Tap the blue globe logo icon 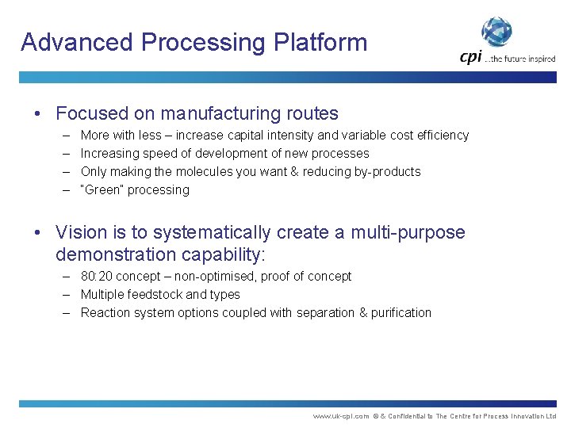(x=497, y=32)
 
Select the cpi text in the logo (x=471, y=56)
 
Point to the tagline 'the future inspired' (x=521, y=58)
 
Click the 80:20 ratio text (x=98, y=277)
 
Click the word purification (x=401, y=313)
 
